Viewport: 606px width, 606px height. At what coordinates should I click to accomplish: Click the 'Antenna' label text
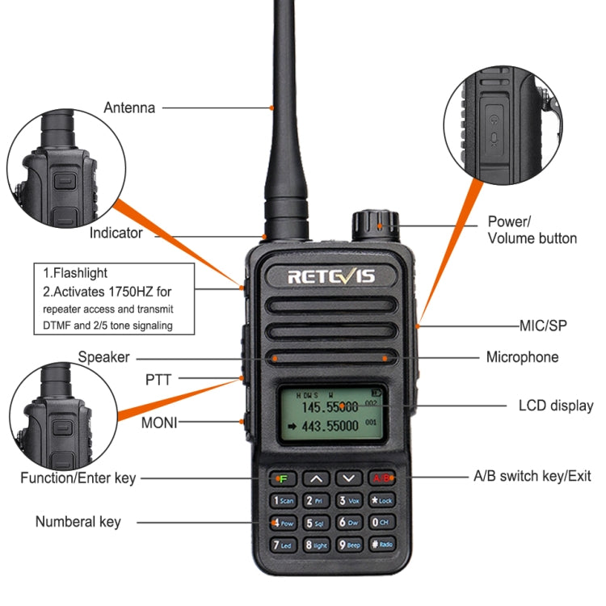point(129,107)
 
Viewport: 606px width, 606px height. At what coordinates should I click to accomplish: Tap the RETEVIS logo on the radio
point(331,276)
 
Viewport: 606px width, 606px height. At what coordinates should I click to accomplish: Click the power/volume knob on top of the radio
point(373,225)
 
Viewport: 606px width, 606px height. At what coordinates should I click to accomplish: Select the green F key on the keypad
point(282,478)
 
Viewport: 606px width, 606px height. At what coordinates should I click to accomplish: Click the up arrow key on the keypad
point(316,478)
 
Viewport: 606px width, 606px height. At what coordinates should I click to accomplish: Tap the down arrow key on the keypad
point(349,478)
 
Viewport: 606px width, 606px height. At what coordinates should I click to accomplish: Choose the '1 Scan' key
point(282,501)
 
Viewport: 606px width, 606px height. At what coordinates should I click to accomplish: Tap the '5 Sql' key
point(316,523)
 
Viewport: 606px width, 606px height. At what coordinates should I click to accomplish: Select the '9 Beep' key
point(349,545)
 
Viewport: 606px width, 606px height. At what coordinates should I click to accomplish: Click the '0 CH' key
point(382,523)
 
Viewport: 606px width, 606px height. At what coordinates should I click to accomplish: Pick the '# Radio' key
point(382,545)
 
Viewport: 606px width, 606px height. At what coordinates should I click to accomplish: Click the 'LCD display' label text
point(555,406)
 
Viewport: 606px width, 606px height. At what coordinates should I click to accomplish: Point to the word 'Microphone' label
point(522,357)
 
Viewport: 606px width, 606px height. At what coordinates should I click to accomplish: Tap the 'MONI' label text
point(159,423)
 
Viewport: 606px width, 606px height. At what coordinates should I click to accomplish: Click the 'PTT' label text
point(158,379)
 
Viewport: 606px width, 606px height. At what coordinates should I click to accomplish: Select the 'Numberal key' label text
point(78,522)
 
